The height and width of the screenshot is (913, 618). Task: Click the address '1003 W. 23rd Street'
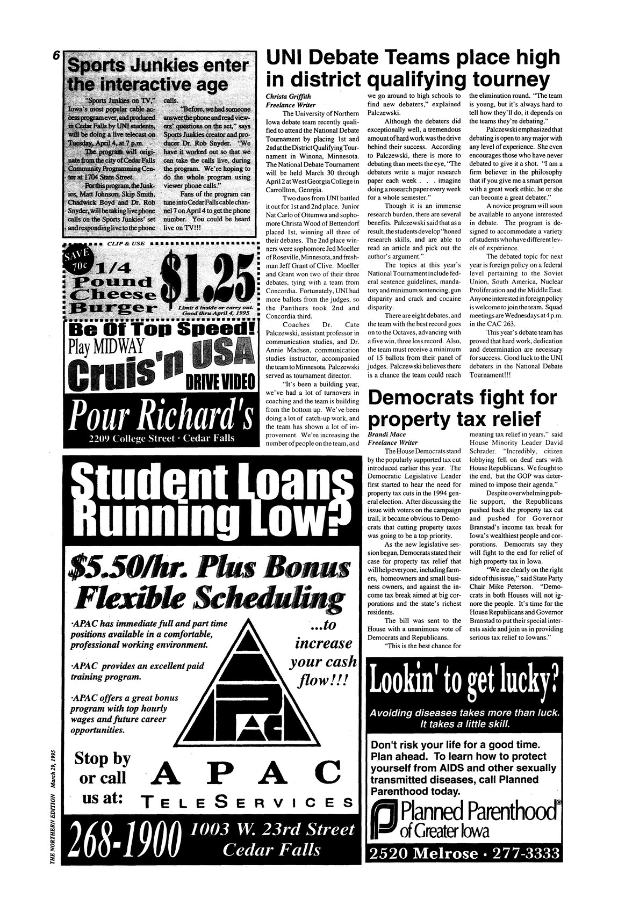pyautogui.click(x=273, y=829)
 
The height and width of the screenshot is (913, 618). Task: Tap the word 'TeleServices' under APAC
pyautogui.click(x=245, y=802)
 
